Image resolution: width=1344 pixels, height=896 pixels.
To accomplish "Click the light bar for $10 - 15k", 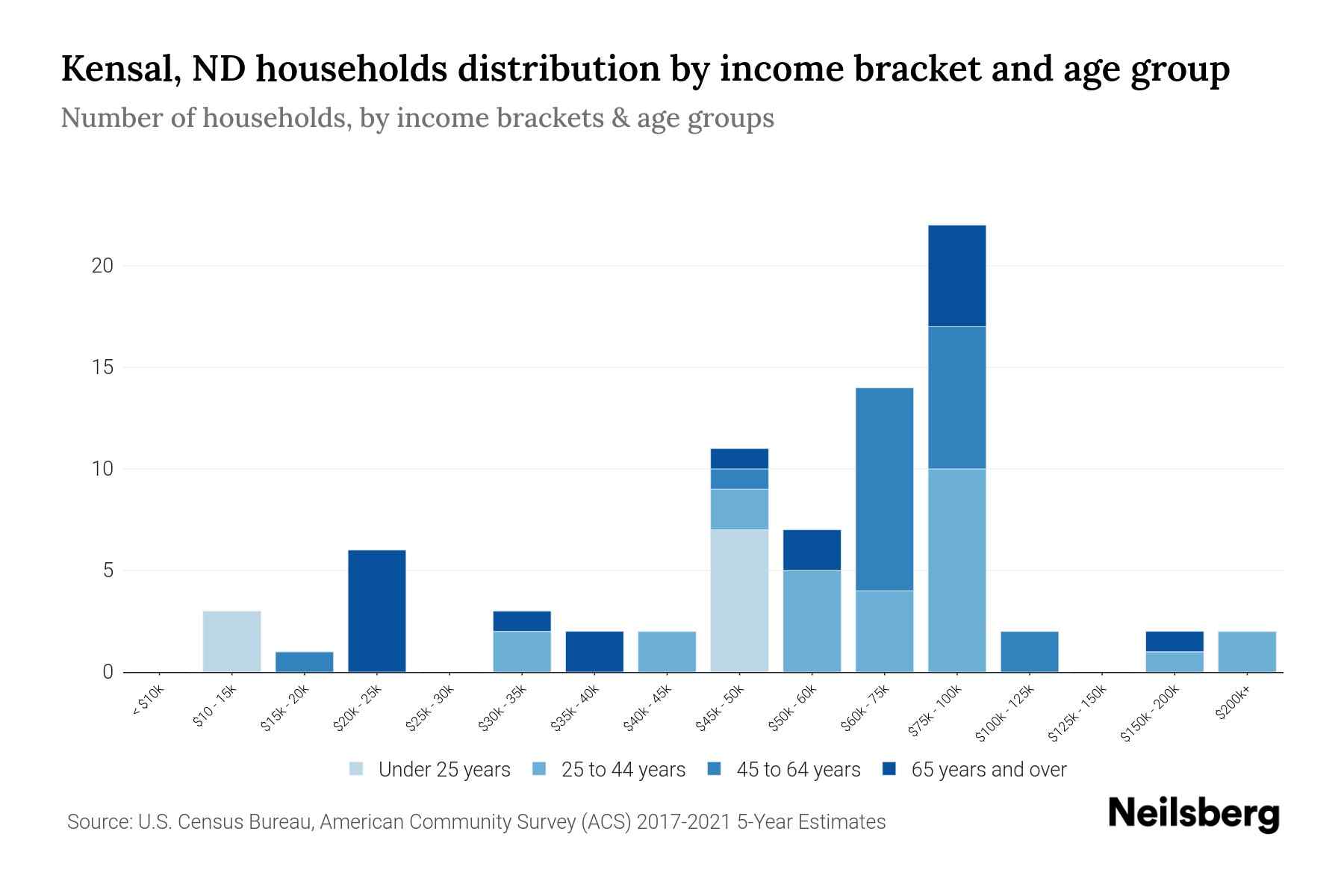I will pyautogui.click(x=231, y=641).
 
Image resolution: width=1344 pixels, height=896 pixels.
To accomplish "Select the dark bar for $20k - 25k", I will pyautogui.click(x=377, y=611).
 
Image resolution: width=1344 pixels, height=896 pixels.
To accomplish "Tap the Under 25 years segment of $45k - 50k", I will pyautogui.click(x=739, y=600).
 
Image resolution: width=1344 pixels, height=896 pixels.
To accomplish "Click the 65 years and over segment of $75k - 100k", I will pyautogui.click(x=956, y=276).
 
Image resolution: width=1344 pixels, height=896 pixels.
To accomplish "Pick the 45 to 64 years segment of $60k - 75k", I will pyautogui.click(x=884, y=489).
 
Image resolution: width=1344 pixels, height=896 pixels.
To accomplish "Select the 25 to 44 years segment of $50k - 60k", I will pyautogui.click(x=812, y=621).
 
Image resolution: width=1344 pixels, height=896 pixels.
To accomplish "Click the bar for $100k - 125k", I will pyautogui.click(x=1029, y=652).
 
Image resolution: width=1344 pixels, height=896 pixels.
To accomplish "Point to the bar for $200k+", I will pyautogui.click(x=1246, y=652).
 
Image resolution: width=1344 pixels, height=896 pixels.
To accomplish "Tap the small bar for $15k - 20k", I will pyautogui.click(x=304, y=662).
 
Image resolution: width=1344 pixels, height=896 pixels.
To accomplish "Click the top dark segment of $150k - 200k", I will pyautogui.click(x=1174, y=641).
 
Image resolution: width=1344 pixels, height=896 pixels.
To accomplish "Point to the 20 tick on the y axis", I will pyautogui.click(x=102, y=266).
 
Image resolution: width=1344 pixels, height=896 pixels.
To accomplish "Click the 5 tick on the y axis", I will pyautogui.click(x=108, y=570).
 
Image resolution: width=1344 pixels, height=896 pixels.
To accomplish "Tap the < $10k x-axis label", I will pyautogui.click(x=147, y=702).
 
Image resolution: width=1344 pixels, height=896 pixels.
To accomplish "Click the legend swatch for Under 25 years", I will pyautogui.click(x=356, y=769).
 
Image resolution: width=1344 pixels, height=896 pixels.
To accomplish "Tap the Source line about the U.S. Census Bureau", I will pyautogui.click(x=476, y=822).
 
